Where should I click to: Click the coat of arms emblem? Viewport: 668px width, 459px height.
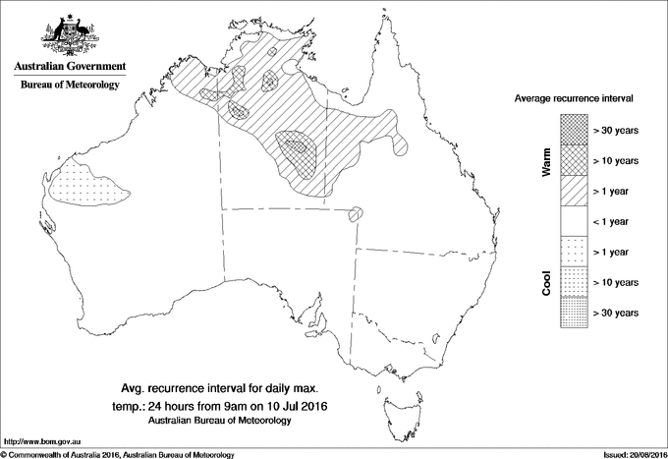click(x=69, y=33)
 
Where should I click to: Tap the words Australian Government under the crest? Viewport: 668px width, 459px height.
click(x=69, y=67)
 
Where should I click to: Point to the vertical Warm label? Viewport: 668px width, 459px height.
click(x=546, y=160)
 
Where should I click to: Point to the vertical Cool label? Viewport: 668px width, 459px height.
click(x=546, y=282)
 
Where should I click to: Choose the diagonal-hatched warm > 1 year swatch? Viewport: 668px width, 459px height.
click(x=574, y=191)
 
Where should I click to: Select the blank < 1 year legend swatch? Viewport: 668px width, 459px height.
click(x=574, y=221)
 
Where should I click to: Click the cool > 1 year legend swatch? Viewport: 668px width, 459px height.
click(x=574, y=252)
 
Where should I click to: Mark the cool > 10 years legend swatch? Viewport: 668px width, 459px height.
click(x=574, y=282)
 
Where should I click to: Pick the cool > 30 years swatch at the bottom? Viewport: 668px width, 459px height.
click(x=574, y=313)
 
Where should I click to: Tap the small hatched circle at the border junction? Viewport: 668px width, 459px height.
click(x=356, y=213)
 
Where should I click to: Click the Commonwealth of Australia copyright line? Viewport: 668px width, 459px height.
click(x=118, y=454)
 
